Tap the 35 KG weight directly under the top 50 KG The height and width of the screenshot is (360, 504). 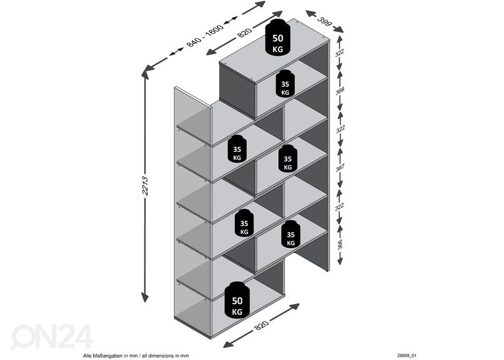tap(284, 84)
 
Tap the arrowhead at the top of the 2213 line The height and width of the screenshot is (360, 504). tap(146, 73)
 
